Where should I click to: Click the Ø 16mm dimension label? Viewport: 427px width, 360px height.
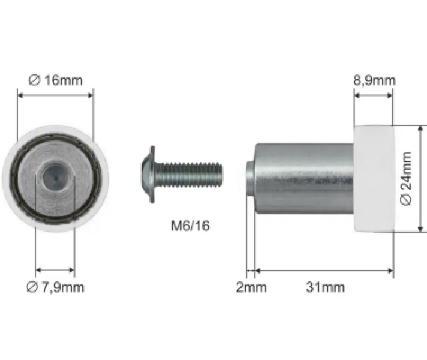point(56,80)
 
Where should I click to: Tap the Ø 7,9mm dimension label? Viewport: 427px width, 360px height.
point(55,287)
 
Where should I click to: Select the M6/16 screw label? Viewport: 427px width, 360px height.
point(190,226)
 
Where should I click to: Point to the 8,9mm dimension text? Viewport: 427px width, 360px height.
point(374,80)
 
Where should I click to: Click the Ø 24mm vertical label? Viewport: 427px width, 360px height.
point(406,179)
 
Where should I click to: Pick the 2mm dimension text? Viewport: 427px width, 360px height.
point(251,287)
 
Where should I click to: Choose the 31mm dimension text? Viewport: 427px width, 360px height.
point(326,287)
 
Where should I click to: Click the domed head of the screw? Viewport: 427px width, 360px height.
point(146,175)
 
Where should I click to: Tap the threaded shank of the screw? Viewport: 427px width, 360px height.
point(188,175)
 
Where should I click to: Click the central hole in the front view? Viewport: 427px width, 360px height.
point(55,178)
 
